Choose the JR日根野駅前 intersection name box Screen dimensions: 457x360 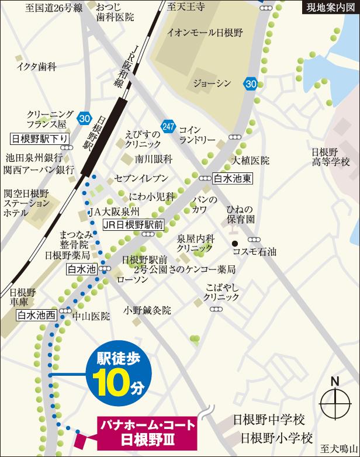point(133,224)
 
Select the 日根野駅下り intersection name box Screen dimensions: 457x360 point(40,139)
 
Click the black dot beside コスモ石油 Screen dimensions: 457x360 point(234,244)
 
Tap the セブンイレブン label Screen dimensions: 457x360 point(141,178)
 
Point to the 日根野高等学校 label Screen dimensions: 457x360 point(330,155)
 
